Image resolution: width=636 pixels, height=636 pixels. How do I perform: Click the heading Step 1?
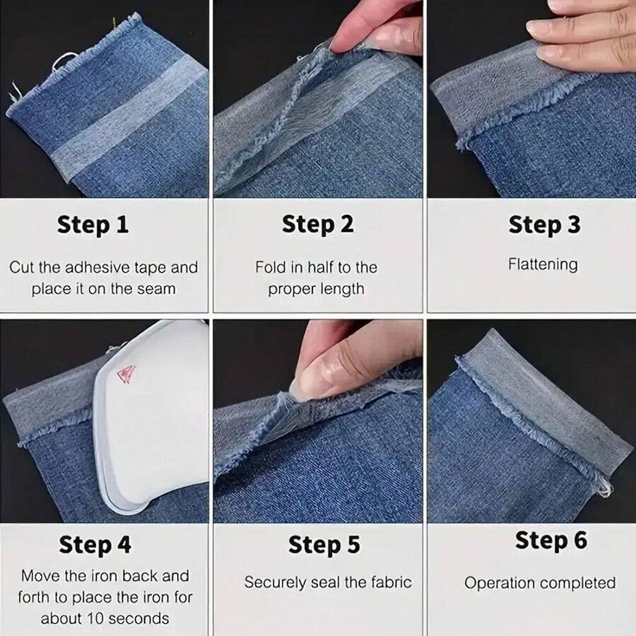93,225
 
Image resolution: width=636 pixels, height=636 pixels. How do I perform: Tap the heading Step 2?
317,225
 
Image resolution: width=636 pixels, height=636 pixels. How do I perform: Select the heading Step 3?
544,225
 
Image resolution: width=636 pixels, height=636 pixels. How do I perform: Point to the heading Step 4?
95,545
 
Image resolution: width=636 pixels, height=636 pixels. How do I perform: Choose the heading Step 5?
324,545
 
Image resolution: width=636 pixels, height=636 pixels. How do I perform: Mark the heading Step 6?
550,540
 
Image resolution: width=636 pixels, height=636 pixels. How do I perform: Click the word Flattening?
543,264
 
